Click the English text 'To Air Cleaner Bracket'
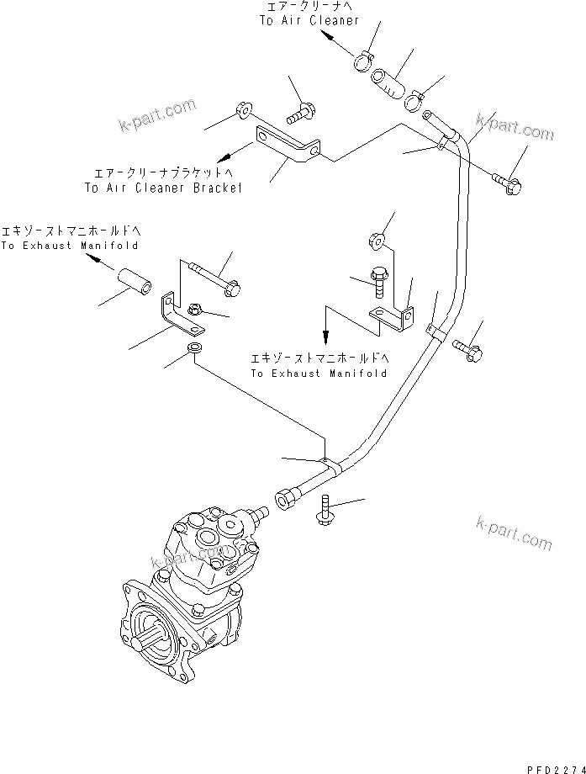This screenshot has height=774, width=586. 163,188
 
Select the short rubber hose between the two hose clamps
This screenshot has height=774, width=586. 388,83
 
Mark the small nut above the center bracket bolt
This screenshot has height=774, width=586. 377,241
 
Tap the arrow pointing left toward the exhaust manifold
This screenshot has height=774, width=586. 98,262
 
